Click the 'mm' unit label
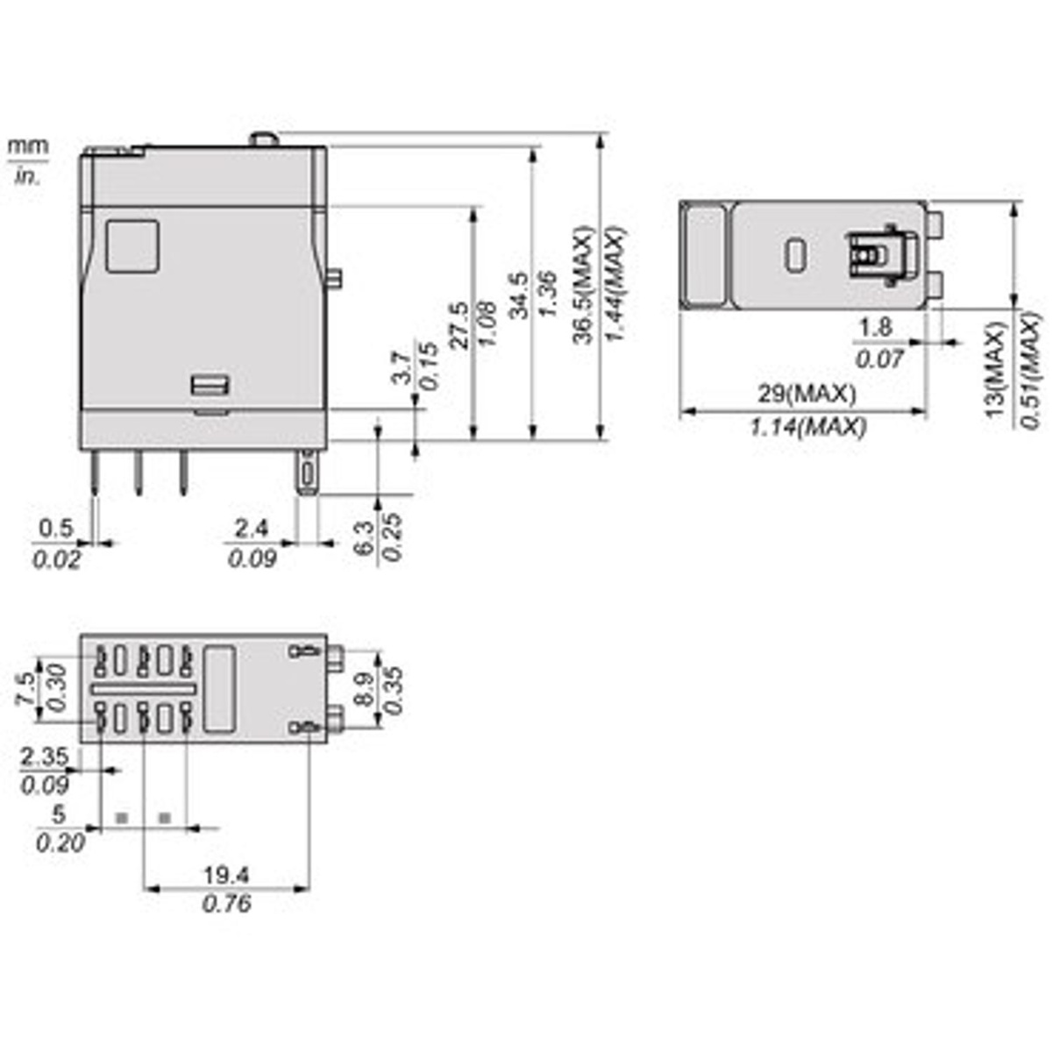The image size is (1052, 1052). [x=28, y=146]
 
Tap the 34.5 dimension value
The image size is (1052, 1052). [x=518, y=295]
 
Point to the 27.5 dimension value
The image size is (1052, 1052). [x=459, y=325]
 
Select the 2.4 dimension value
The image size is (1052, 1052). [x=252, y=528]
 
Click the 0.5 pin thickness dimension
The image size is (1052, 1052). [x=56, y=528]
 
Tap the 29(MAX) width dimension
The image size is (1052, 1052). [x=806, y=394]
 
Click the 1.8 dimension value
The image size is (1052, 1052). [x=874, y=328]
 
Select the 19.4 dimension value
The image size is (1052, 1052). [x=226, y=874]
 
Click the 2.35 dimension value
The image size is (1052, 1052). [x=45, y=756]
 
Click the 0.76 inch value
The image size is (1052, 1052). [x=226, y=903]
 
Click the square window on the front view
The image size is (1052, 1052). [x=132, y=246]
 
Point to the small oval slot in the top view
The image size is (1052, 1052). [x=795, y=255]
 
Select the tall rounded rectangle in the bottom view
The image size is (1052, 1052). [x=219, y=690]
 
